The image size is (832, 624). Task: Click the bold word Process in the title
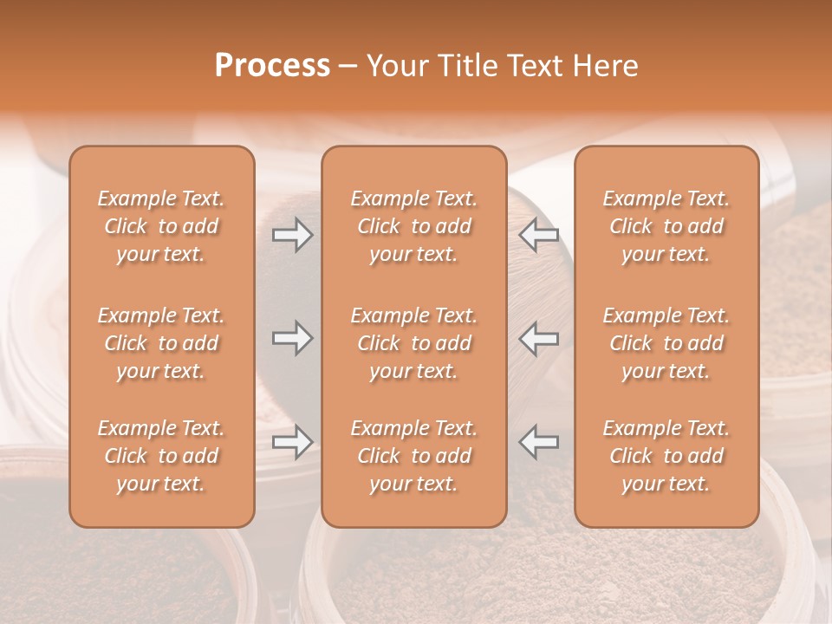[x=272, y=66]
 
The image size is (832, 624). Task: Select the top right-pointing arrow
[x=292, y=235]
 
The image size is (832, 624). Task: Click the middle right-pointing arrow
[x=292, y=338]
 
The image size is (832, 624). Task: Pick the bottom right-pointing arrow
[x=292, y=442]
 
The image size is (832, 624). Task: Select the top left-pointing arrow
[x=539, y=235]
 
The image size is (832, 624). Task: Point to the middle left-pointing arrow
[x=539, y=338]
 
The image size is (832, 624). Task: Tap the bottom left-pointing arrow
[x=539, y=442]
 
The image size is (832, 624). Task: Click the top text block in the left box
[x=161, y=226]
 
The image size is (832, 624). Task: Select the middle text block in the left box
[x=161, y=343]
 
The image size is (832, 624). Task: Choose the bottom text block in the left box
[x=161, y=456]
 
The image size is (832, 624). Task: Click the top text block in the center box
[x=413, y=226]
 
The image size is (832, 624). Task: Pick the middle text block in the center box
[x=413, y=343]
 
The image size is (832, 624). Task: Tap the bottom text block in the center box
[x=413, y=456]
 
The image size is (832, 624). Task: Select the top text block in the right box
[x=666, y=226]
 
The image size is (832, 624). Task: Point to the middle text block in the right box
[x=666, y=343]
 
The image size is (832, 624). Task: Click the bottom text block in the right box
[x=666, y=456]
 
